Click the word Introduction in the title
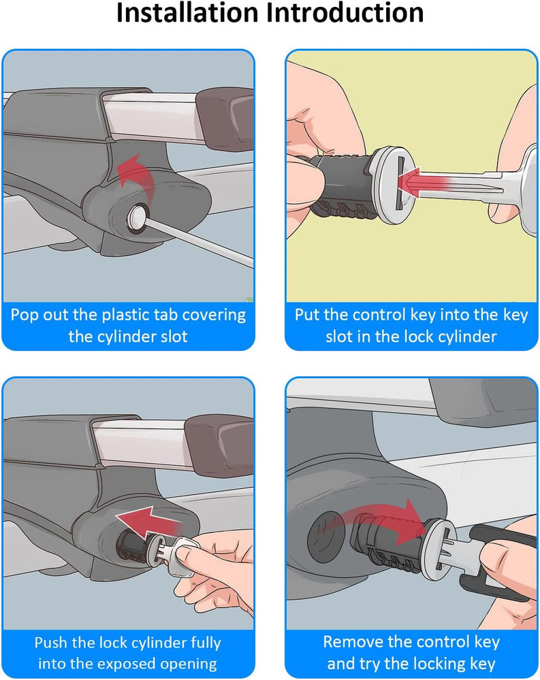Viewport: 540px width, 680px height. [345, 13]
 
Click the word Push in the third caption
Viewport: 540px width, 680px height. [51, 643]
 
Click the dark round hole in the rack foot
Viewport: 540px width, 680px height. [328, 538]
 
